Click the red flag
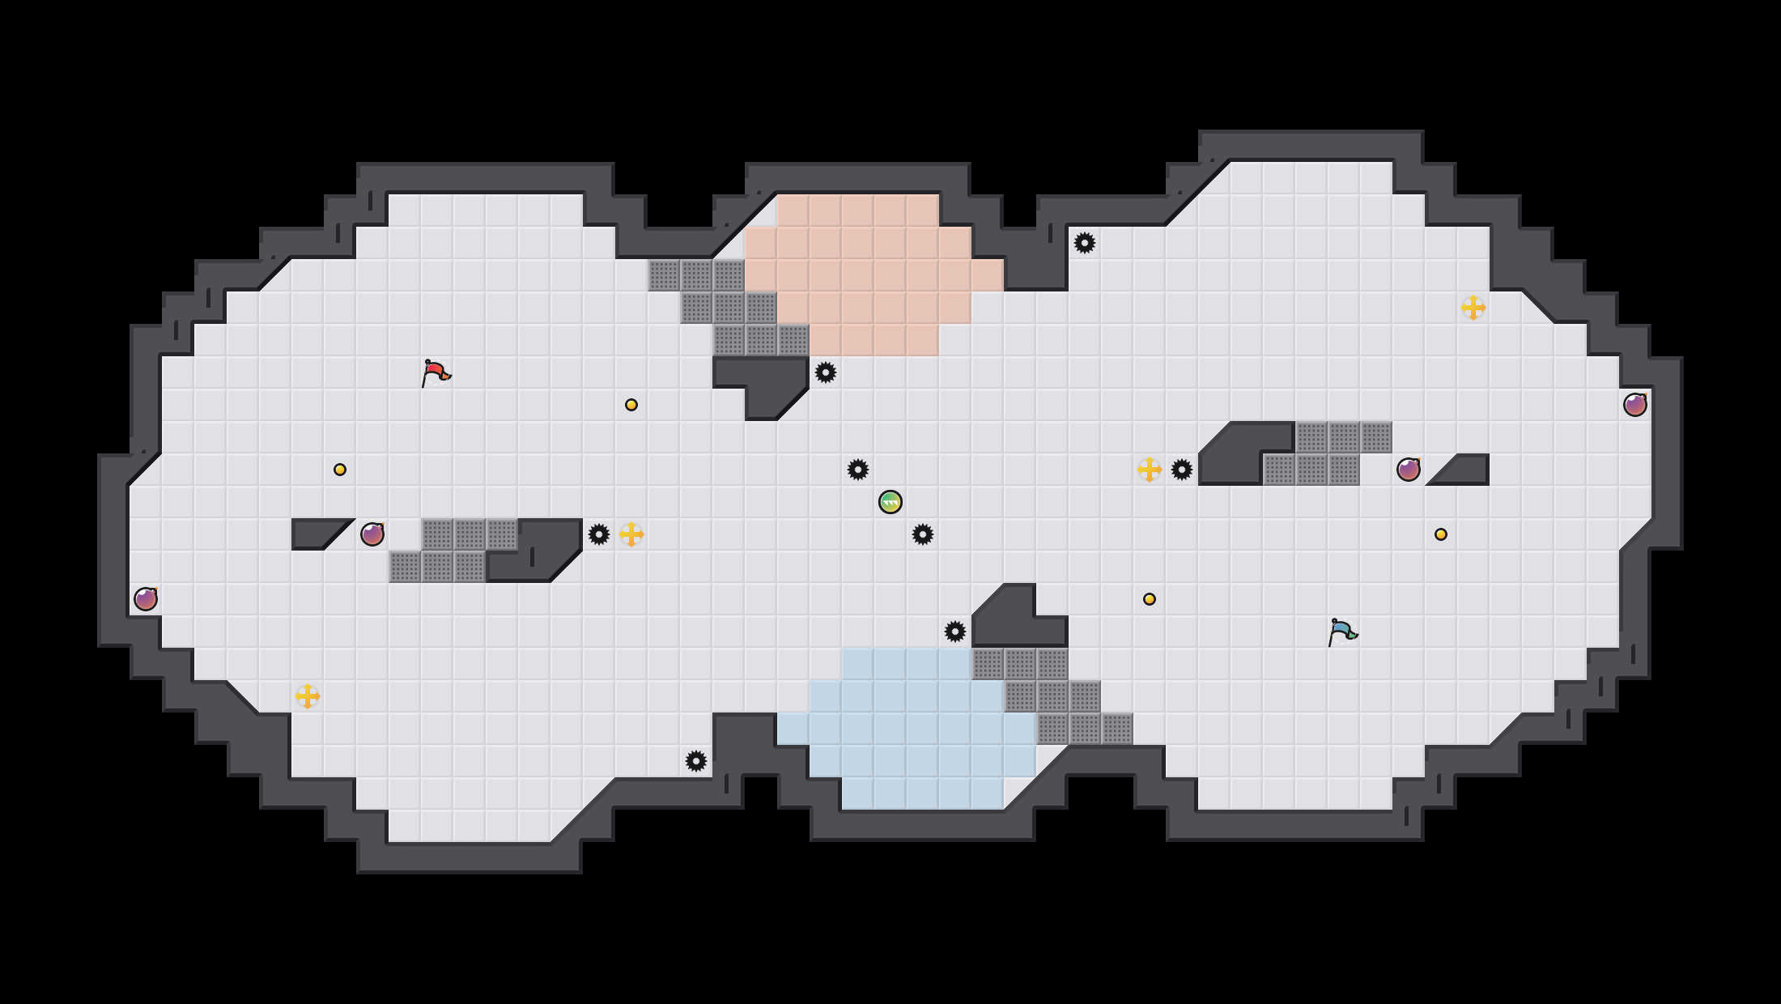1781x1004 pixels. click(436, 373)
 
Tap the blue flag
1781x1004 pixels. click(1342, 632)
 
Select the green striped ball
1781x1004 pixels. click(890, 502)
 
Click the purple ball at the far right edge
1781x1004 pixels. click(1635, 405)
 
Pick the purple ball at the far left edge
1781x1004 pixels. click(146, 599)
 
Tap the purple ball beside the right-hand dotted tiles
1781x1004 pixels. click(1409, 470)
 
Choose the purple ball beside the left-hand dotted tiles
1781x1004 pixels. click(372, 534)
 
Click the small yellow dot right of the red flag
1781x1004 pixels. click(631, 405)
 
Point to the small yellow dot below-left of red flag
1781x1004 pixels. click(340, 470)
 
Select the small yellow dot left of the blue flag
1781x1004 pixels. click(1150, 599)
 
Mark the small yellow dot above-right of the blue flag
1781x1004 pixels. click(1441, 534)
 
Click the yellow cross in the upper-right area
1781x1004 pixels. click(1473, 308)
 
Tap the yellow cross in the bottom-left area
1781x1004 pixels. click(308, 696)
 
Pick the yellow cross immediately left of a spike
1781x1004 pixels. click(1150, 470)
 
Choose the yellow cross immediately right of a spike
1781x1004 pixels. click(631, 534)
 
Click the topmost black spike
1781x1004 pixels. click(1085, 243)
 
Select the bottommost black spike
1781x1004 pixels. click(696, 761)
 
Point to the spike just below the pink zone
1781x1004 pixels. click(826, 372)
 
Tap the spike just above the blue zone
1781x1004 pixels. click(955, 632)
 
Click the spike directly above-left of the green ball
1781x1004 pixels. click(858, 470)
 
